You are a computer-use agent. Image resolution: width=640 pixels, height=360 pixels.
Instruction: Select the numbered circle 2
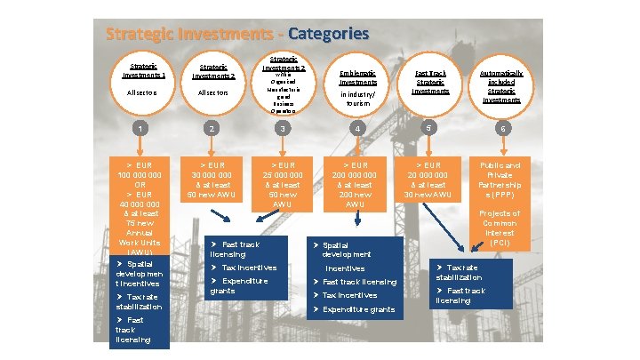[x=211, y=130]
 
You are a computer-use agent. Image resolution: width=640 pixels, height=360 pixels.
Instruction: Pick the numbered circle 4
[x=358, y=130]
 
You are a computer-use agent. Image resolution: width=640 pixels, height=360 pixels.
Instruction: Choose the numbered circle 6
[x=502, y=130]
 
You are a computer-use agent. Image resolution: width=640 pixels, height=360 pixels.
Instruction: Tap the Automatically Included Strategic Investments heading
[x=502, y=85]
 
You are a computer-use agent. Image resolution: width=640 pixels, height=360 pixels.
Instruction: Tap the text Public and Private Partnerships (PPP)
[x=500, y=181]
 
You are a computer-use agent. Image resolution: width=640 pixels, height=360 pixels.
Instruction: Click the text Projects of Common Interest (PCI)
[x=500, y=228]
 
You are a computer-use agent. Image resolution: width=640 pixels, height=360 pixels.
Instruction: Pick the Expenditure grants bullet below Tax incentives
[x=238, y=285]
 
